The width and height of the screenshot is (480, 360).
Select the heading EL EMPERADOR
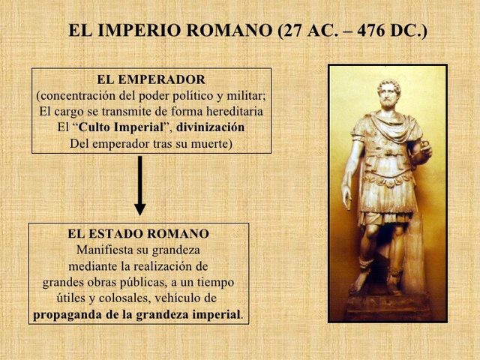point(151,79)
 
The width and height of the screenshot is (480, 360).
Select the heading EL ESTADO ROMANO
point(139,234)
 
